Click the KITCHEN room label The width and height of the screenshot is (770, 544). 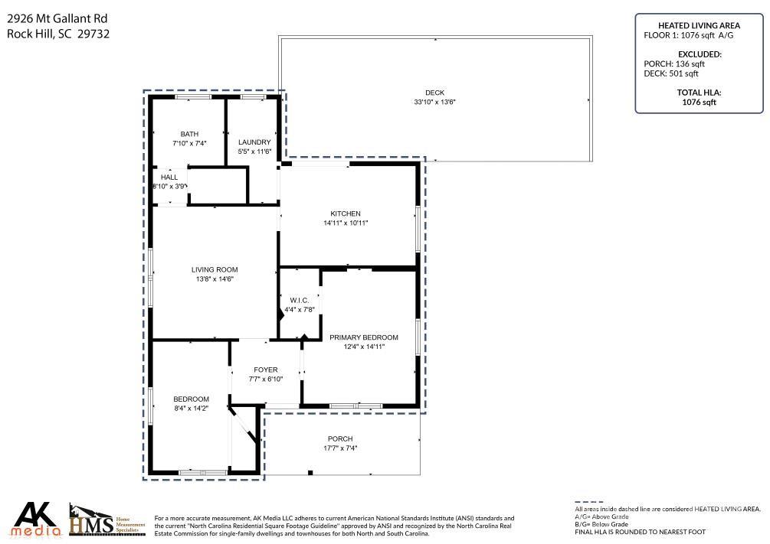click(x=346, y=213)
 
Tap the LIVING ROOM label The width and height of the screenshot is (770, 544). click(x=215, y=269)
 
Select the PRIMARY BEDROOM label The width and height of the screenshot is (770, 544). click(x=364, y=337)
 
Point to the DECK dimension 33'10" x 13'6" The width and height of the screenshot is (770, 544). click(x=434, y=102)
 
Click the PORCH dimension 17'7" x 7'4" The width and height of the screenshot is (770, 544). click(x=340, y=448)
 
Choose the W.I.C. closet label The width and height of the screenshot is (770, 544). click(x=299, y=300)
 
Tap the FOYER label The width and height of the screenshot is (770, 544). click(x=266, y=370)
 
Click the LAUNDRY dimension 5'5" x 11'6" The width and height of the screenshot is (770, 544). click(x=254, y=151)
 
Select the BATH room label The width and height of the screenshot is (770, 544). click(x=189, y=134)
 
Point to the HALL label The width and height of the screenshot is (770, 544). click(x=169, y=177)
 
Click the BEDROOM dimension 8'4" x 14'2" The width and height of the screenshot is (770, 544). click(x=192, y=408)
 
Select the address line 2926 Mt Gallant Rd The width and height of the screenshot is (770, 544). click(x=57, y=18)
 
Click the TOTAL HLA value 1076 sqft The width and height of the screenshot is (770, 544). click(x=700, y=102)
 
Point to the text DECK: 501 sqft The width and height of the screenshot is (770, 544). click(x=671, y=73)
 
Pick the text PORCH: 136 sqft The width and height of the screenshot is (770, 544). click(x=674, y=64)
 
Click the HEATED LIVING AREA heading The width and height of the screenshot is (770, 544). click(x=700, y=25)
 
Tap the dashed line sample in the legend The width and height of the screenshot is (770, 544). click(x=588, y=503)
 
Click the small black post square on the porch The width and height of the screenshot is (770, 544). click(x=310, y=473)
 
